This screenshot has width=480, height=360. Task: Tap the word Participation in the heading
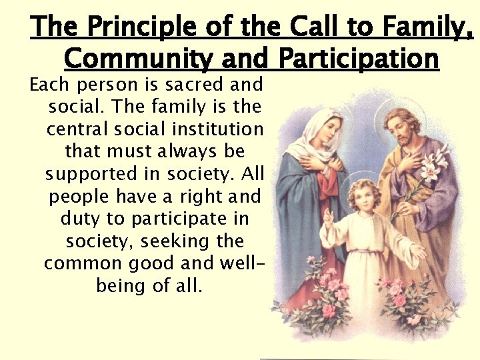pyautogui.click(x=359, y=59)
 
